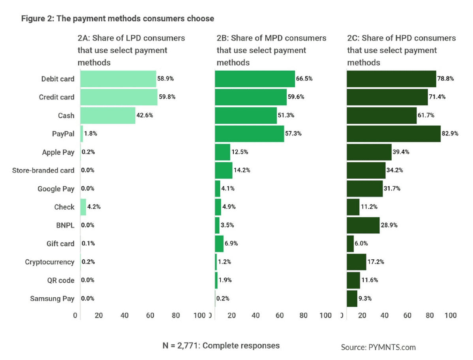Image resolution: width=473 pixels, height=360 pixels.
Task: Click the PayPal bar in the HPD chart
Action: (393, 133)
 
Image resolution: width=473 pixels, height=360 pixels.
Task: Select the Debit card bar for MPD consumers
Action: (255, 79)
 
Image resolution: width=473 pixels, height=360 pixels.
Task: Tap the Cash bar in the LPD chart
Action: (107, 115)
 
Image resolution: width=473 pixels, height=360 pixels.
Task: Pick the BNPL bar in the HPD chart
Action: (363, 225)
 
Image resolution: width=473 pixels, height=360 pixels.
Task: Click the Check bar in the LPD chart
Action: (83, 207)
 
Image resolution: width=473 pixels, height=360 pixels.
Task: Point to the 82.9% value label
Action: (450, 134)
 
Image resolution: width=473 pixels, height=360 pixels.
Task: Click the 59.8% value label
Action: (167, 97)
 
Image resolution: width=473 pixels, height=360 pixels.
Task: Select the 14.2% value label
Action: (242, 170)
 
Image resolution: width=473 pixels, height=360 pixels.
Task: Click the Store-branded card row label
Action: (43, 170)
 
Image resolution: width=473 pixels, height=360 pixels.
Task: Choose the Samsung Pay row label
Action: (52, 298)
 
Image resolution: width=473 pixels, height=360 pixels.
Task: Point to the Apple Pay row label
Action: (58, 152)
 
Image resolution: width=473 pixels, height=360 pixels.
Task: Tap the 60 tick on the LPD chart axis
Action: (151, 315)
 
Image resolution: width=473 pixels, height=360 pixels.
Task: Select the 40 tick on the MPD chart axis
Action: (255, 315)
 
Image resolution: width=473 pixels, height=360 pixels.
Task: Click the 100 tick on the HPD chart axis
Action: (450, 315)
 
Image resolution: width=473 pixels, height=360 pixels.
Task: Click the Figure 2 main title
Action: (117, 19)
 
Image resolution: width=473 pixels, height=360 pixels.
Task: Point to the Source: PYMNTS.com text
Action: (378, 347)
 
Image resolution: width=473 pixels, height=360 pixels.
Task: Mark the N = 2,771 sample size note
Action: (221, 345)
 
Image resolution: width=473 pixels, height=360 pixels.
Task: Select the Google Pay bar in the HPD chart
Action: (364, 188)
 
